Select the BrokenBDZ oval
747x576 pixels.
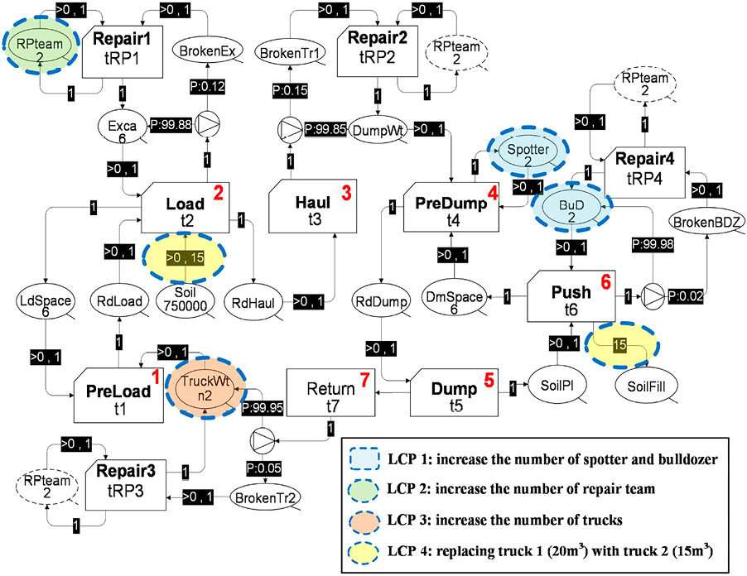point(705,221)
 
